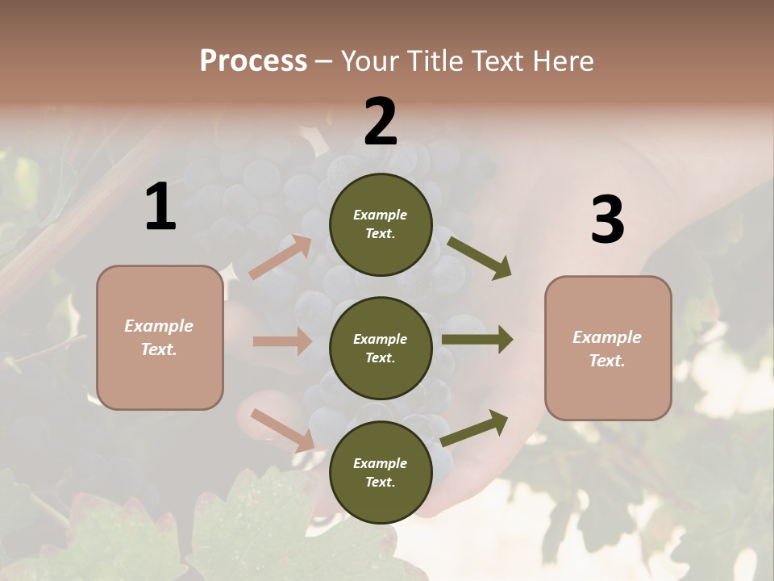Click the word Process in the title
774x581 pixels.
[253, 61]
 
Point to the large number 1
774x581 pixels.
[160, 207]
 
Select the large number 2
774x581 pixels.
[381, 122]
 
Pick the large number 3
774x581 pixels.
[607, 220]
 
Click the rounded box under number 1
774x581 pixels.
[160, 337]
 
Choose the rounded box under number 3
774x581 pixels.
[608, 349]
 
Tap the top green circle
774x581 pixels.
[381, 224]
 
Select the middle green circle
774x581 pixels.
[381, 349]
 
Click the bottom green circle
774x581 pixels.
[381, 473]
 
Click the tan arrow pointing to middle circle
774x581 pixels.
[281, 341]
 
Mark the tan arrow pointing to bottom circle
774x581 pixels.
[282, 430]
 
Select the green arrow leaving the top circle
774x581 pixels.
[479, 257]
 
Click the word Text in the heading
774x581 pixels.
[497, 61]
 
